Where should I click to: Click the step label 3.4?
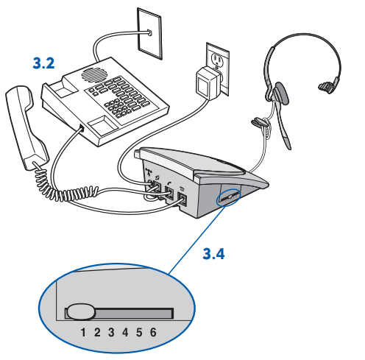214,255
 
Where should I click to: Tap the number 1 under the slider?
83,332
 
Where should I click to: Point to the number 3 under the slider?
111,332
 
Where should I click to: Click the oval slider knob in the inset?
79,312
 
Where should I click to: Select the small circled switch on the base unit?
227,199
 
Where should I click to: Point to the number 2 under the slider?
97,332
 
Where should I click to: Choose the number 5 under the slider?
139,332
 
